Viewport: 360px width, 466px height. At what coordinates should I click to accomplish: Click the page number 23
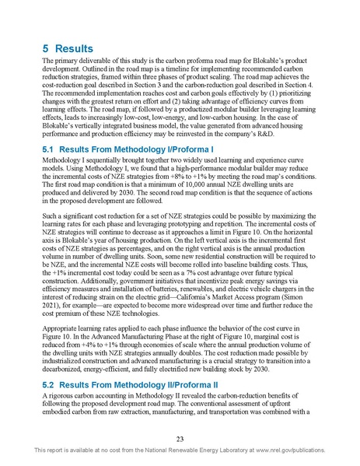pos(180,438)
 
